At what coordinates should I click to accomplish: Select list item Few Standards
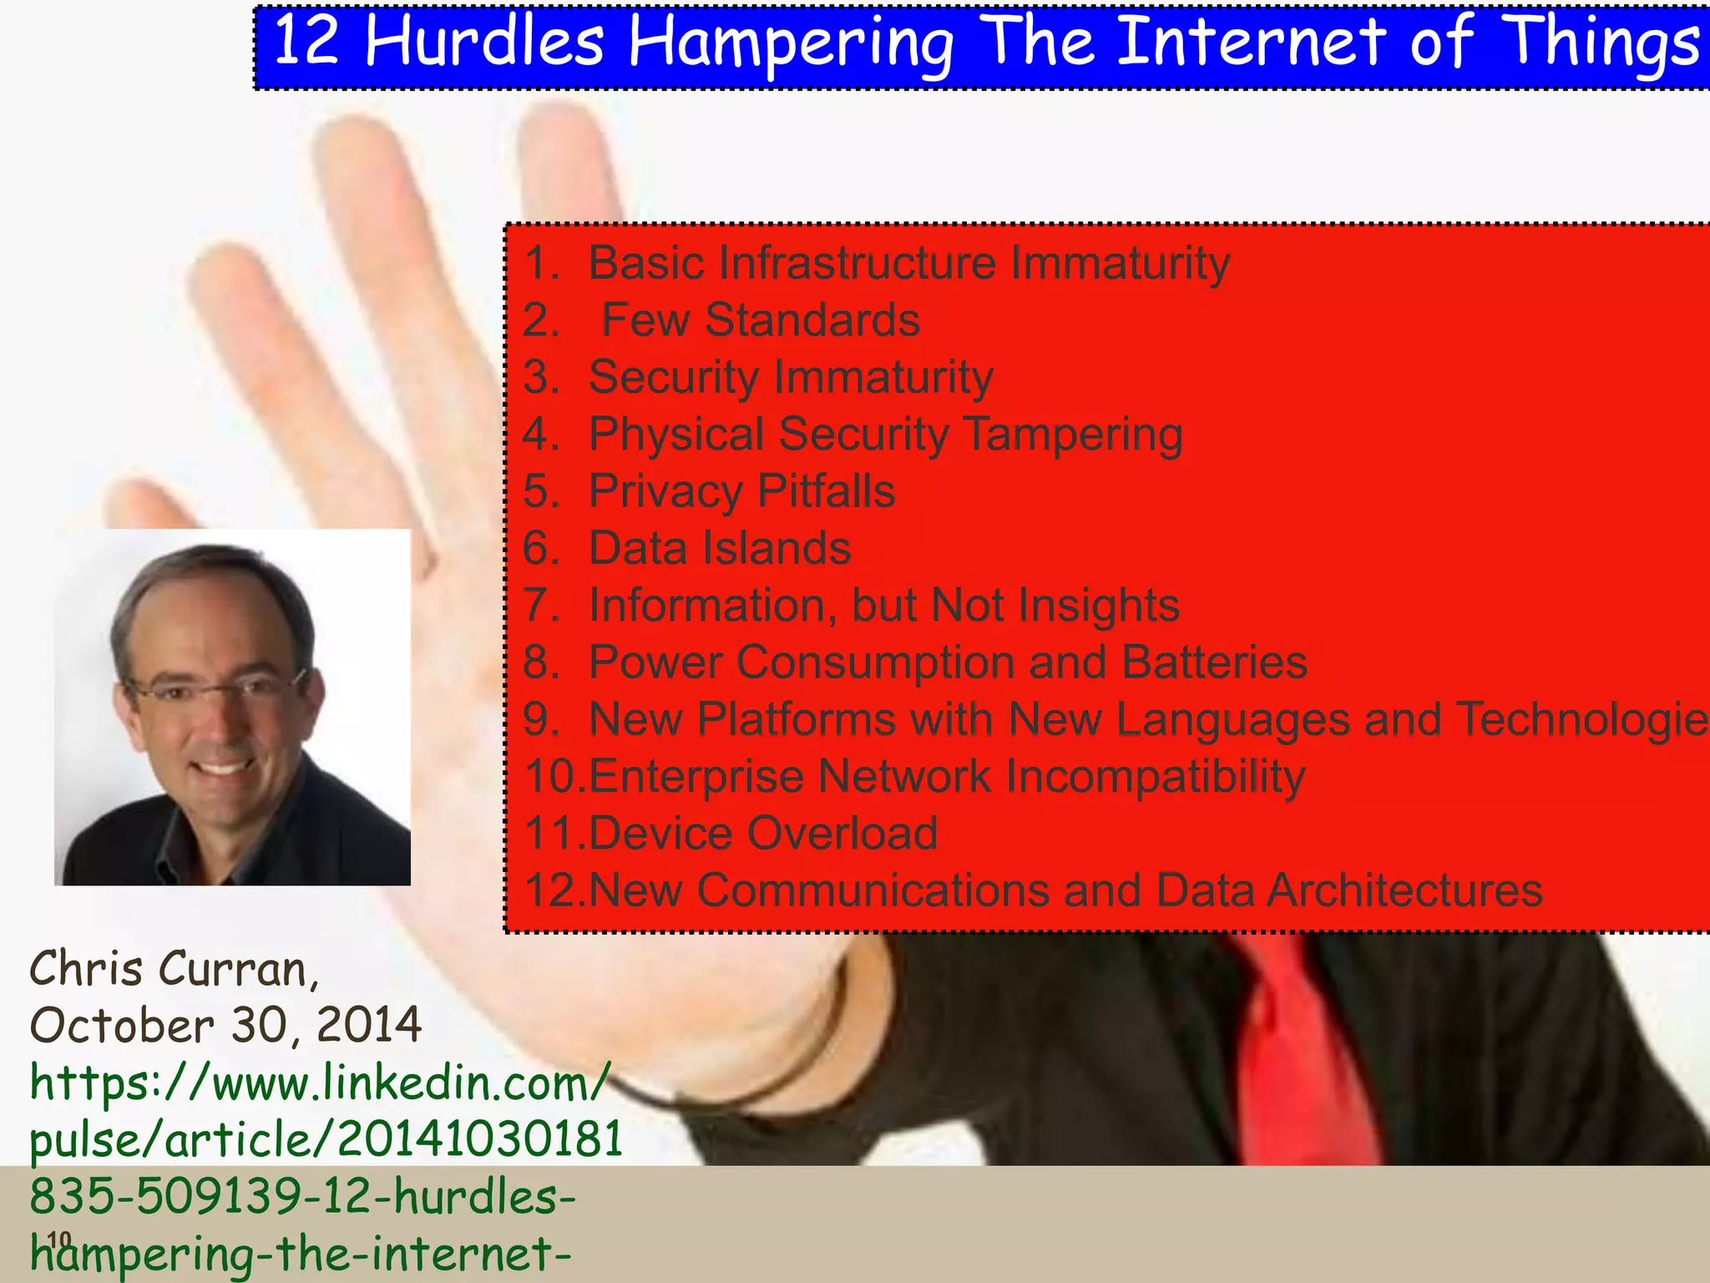pyautogui.click(x=760, y=320)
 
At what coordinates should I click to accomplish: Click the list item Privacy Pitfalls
pyautogui.click(x=741, y=490)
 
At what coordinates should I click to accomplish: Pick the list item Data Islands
pyautogui.click(x=719, y=548)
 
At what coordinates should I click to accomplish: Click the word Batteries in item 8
pyautogui.click(x=1214, y=662)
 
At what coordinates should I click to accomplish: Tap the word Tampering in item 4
pyautogui.click(x=1073, y=434)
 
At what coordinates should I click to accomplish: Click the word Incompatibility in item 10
pyautogui.click(x=1155, y=776)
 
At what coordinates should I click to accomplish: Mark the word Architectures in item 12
pyautogui.click(x=1404, y=890)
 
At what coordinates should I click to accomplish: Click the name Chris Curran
pyautogui.click(x=173, y=969)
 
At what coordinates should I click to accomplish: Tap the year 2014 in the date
pyautogui.click(x=369, y=1025)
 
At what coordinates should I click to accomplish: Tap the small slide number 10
pyautogui.click(x=58, y=1240)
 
